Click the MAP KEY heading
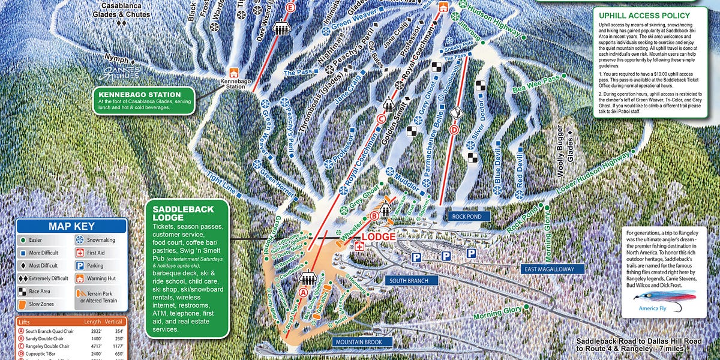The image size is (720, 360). pos(71,226)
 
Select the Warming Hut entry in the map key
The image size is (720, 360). pos(79,278)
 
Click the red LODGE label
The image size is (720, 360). pos(378,236)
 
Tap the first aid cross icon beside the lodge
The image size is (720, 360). pos(359,247)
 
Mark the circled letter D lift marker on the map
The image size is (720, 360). pos(454,129)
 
